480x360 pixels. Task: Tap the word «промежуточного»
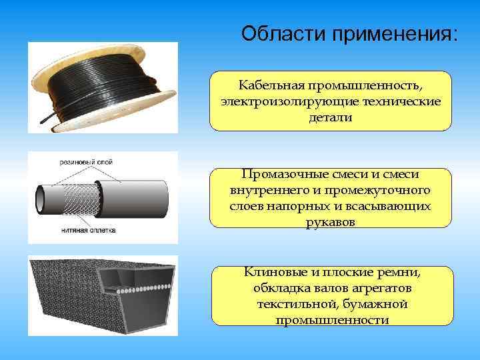[383, 191]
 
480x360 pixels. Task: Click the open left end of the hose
[41, 197]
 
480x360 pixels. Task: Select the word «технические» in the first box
[404, 101]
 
